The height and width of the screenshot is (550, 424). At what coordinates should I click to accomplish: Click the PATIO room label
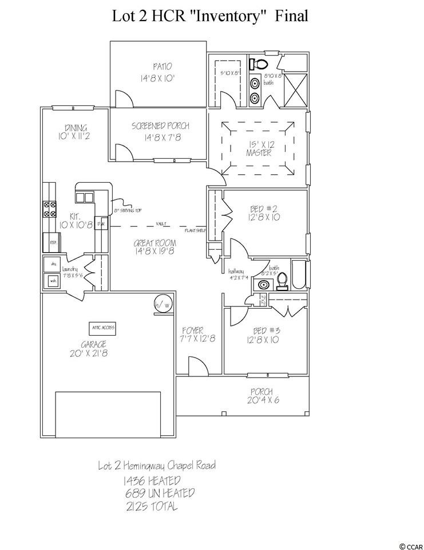click(x=158, y=66)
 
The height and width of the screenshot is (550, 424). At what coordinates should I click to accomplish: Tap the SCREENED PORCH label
click(x=160, y=126)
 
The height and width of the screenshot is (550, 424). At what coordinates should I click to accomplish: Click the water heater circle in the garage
click(x=161, y=305)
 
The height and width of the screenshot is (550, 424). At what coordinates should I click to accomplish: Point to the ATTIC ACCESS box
click(x=103, y=327)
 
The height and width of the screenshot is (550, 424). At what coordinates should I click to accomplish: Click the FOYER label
click(x=193, y=331)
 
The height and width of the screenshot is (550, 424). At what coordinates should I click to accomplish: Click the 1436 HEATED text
click(x=151, y=480)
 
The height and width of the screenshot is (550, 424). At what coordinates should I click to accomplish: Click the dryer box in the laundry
click(x=53, y=265)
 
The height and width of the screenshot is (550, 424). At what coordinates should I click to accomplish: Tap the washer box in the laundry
click(x=53, y=281)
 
